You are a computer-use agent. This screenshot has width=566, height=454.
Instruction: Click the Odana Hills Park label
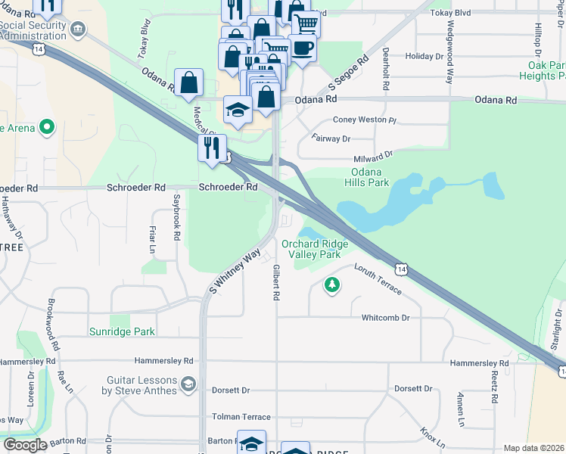(x=367, y=177)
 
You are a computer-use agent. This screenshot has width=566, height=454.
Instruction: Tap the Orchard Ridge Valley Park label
(x=315, y=249)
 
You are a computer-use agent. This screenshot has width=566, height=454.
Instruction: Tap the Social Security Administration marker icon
(x=76, y=28)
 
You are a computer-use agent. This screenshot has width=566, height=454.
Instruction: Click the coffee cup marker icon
(x=302, y=48)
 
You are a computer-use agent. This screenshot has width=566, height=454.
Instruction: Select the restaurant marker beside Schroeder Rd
(x=212, y=147)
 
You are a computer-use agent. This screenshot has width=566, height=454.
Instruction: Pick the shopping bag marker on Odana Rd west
(x=188, y=82)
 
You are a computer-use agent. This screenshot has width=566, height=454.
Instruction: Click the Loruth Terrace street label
(x=376, y=279)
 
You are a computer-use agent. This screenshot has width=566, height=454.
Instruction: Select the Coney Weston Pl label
(x=365, y=120)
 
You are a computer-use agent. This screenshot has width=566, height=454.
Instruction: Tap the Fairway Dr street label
(x=331, y=139)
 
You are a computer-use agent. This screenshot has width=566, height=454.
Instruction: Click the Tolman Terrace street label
(x=241, y=417)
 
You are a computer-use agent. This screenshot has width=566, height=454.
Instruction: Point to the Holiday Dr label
(x=424, y=57)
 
